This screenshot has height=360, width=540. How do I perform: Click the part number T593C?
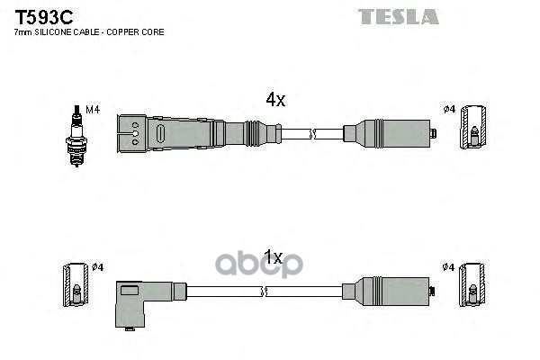[44, 17]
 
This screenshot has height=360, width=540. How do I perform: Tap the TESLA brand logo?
[399, 16]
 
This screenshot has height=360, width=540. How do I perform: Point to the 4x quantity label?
[275, 100]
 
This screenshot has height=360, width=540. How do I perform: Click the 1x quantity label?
[273, 257]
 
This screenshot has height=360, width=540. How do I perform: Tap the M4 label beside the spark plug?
[93, 110]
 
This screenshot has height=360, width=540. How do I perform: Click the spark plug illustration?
[76, 136]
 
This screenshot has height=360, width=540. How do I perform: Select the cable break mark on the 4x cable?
[312, 134]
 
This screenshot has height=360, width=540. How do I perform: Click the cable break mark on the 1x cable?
[265, 292]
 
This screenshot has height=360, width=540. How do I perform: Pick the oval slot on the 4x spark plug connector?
[161, 133]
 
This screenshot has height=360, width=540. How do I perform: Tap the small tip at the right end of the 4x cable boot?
[433, 133]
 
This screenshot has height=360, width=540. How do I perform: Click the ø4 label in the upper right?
[449, 110]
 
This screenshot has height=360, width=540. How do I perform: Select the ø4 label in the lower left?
[97, 267]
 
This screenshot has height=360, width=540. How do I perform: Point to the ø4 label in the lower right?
[448, 267]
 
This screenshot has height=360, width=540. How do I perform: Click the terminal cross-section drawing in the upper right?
[473, 127]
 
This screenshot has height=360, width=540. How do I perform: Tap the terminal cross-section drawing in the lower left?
[76, 285]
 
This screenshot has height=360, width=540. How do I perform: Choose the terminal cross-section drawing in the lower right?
[472, 285]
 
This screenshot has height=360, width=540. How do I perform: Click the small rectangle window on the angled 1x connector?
[130, 291]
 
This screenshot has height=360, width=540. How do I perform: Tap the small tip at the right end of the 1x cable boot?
[432, 291]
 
